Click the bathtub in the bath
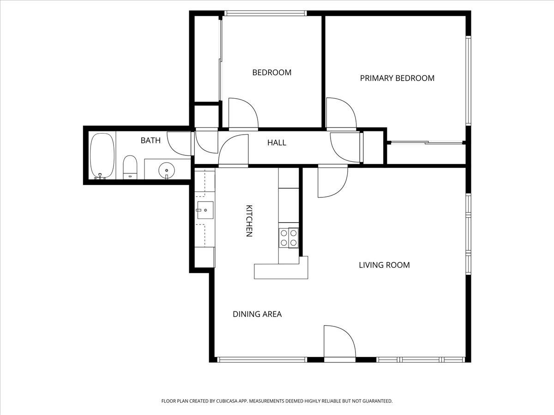(x=102, y=155)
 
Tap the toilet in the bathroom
(x=130, y=167)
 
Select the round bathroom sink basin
(x=166, y=170)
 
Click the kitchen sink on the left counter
(x=205, y=210)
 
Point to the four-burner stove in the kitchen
(x=289, y=237)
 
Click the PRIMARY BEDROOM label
(x=397, y=78)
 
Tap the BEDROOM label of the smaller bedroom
(x=271, y=72)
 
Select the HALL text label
(x=277, y=142)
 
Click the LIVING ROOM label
(x=384, y=265)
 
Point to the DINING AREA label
(x=257, y=314)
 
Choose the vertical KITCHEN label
(x=249, y=221)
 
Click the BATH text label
(x=151, y=140)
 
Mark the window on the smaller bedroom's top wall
(x=265, y=13)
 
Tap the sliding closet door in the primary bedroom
(x=427, y=142)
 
